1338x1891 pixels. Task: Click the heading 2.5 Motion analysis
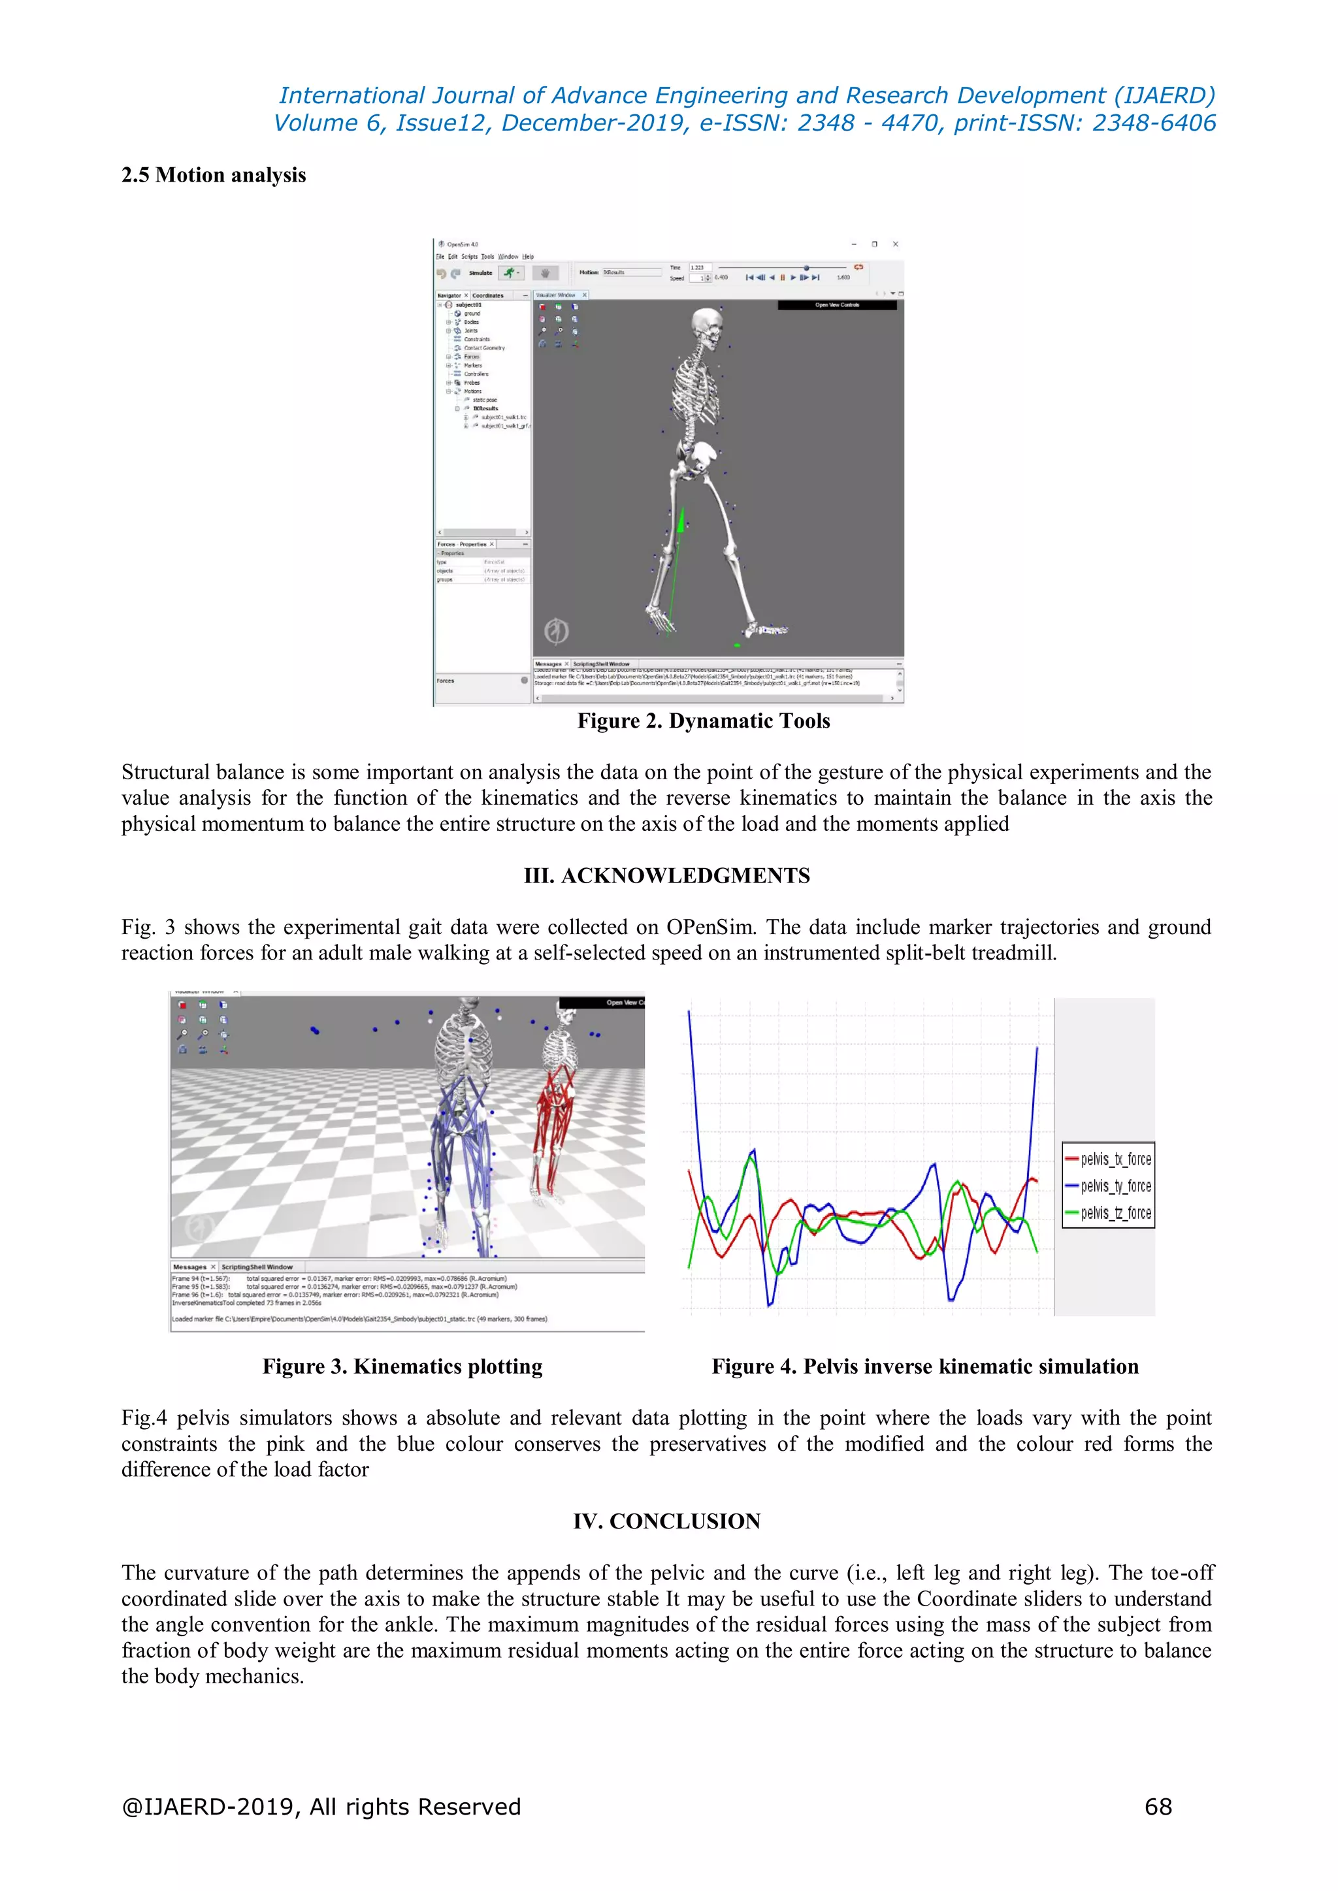pos(214,176)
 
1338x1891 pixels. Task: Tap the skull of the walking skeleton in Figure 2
pos(704,324)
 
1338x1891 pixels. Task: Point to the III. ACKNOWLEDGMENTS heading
pos(666,875)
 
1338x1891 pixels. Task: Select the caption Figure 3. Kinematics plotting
pos(402,1366)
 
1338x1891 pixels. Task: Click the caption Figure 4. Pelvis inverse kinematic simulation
pos(924,1366)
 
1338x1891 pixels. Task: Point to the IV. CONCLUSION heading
pos(666,1521)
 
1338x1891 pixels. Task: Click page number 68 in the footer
pos(1158,1806)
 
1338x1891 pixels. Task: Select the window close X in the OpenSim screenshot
pos(896,244)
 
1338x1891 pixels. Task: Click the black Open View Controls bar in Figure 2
pos(836,305)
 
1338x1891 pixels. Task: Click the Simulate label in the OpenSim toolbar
pos(480,272)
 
